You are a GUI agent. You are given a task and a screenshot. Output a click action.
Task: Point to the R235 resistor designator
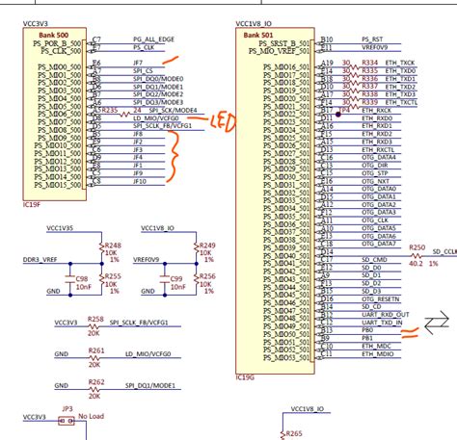tap(113, 111)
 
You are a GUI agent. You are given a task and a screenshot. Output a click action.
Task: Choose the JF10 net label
tap(141, 181)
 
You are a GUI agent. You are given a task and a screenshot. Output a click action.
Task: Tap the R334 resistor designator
tap(368, 61)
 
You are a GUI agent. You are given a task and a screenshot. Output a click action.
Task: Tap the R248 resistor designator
tap(112, 245)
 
